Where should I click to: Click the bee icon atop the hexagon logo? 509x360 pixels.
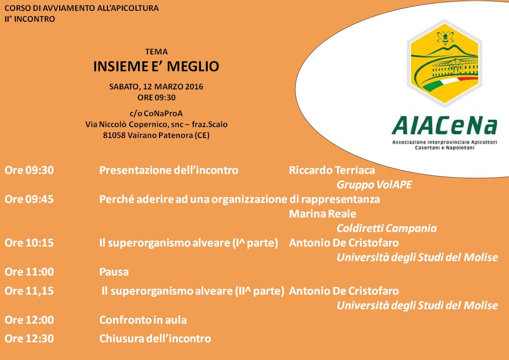pyautogui.click(x=445, y=37)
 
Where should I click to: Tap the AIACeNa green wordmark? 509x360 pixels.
pyautogui.click(x=445, y=126)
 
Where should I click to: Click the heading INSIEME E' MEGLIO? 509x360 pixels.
pyautogui.click(x=156, y=66)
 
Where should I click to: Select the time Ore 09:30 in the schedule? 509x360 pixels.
pyautogui.click(x=29, y=170)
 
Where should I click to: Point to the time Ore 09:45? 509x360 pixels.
pyautogui.click(x=29, y=199)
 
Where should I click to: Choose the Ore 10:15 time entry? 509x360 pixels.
pyautogui.click(x=29, y=243)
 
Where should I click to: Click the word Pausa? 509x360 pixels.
pyautogui.click(x=114, y=271)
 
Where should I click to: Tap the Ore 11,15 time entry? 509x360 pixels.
pyautogui.click(x=29, y=291)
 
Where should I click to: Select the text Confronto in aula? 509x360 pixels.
pyautogui.click(x=143, y=320)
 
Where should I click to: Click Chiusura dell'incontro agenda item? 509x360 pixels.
pyautogui.click(x=155, y=339)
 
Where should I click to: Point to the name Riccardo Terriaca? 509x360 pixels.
pyautogui.click(x=332, y=170)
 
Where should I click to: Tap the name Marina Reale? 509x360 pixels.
pyautogui.click(x=323, y=213)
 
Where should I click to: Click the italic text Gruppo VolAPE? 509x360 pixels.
pyautogui.click(x=374, y=185)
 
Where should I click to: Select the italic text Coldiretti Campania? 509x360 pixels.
pyautogui.click(x=387, y=228)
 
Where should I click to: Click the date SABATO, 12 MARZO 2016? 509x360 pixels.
pyautogui.click(x=156, y=87)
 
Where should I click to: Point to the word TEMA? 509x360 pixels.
pyautogui.click(x=157, y=52)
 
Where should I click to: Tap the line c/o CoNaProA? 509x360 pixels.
pyautogui.click(x=156, y=113)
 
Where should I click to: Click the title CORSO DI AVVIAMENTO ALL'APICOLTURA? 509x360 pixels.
pyautogui.click(x=82, y=8)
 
